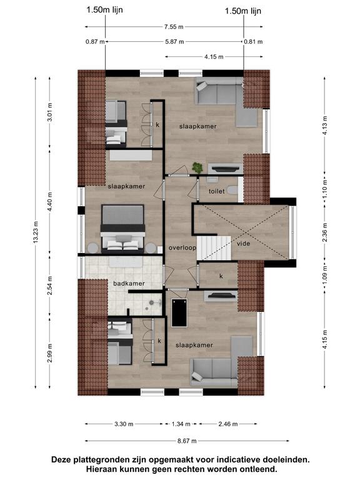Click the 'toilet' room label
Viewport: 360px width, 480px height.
point(217,191)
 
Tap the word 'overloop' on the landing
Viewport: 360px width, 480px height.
point(182,247)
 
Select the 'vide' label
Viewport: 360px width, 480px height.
point(243,244)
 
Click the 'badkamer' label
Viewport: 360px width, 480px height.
point(129,284)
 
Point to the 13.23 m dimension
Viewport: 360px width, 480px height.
point(36,232)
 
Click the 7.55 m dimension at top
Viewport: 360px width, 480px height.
point(174,27)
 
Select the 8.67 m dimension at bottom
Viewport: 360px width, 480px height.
point(187,441)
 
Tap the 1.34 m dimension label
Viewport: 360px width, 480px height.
point(181,424)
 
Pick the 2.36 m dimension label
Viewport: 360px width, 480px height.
point(325,232)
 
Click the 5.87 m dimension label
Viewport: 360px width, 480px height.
point(174,42)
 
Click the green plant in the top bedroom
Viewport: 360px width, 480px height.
point(197,167)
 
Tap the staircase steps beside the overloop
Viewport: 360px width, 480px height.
point(213,248)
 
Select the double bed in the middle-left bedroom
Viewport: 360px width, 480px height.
point(122,229)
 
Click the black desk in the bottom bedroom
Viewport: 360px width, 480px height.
point(179,313)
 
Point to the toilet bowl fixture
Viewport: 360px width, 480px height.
point(233,191)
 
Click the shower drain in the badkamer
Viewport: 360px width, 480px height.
point(151,302)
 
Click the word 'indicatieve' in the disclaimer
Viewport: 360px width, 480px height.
point(241,459)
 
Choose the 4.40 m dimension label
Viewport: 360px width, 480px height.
point(50,201)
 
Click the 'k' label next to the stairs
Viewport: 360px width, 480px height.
point(221,276)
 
